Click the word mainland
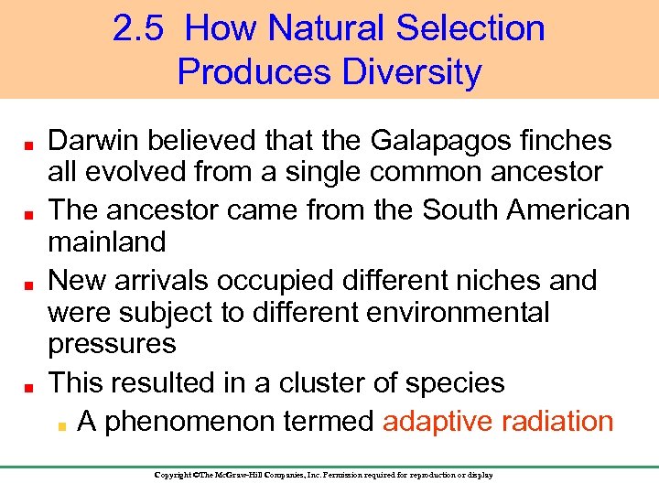tap(106, 242)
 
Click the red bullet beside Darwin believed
tap(28, 144)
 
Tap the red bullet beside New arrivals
tap(28, 283)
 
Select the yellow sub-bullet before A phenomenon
tap(61, 424)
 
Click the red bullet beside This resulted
tap(28, 385)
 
